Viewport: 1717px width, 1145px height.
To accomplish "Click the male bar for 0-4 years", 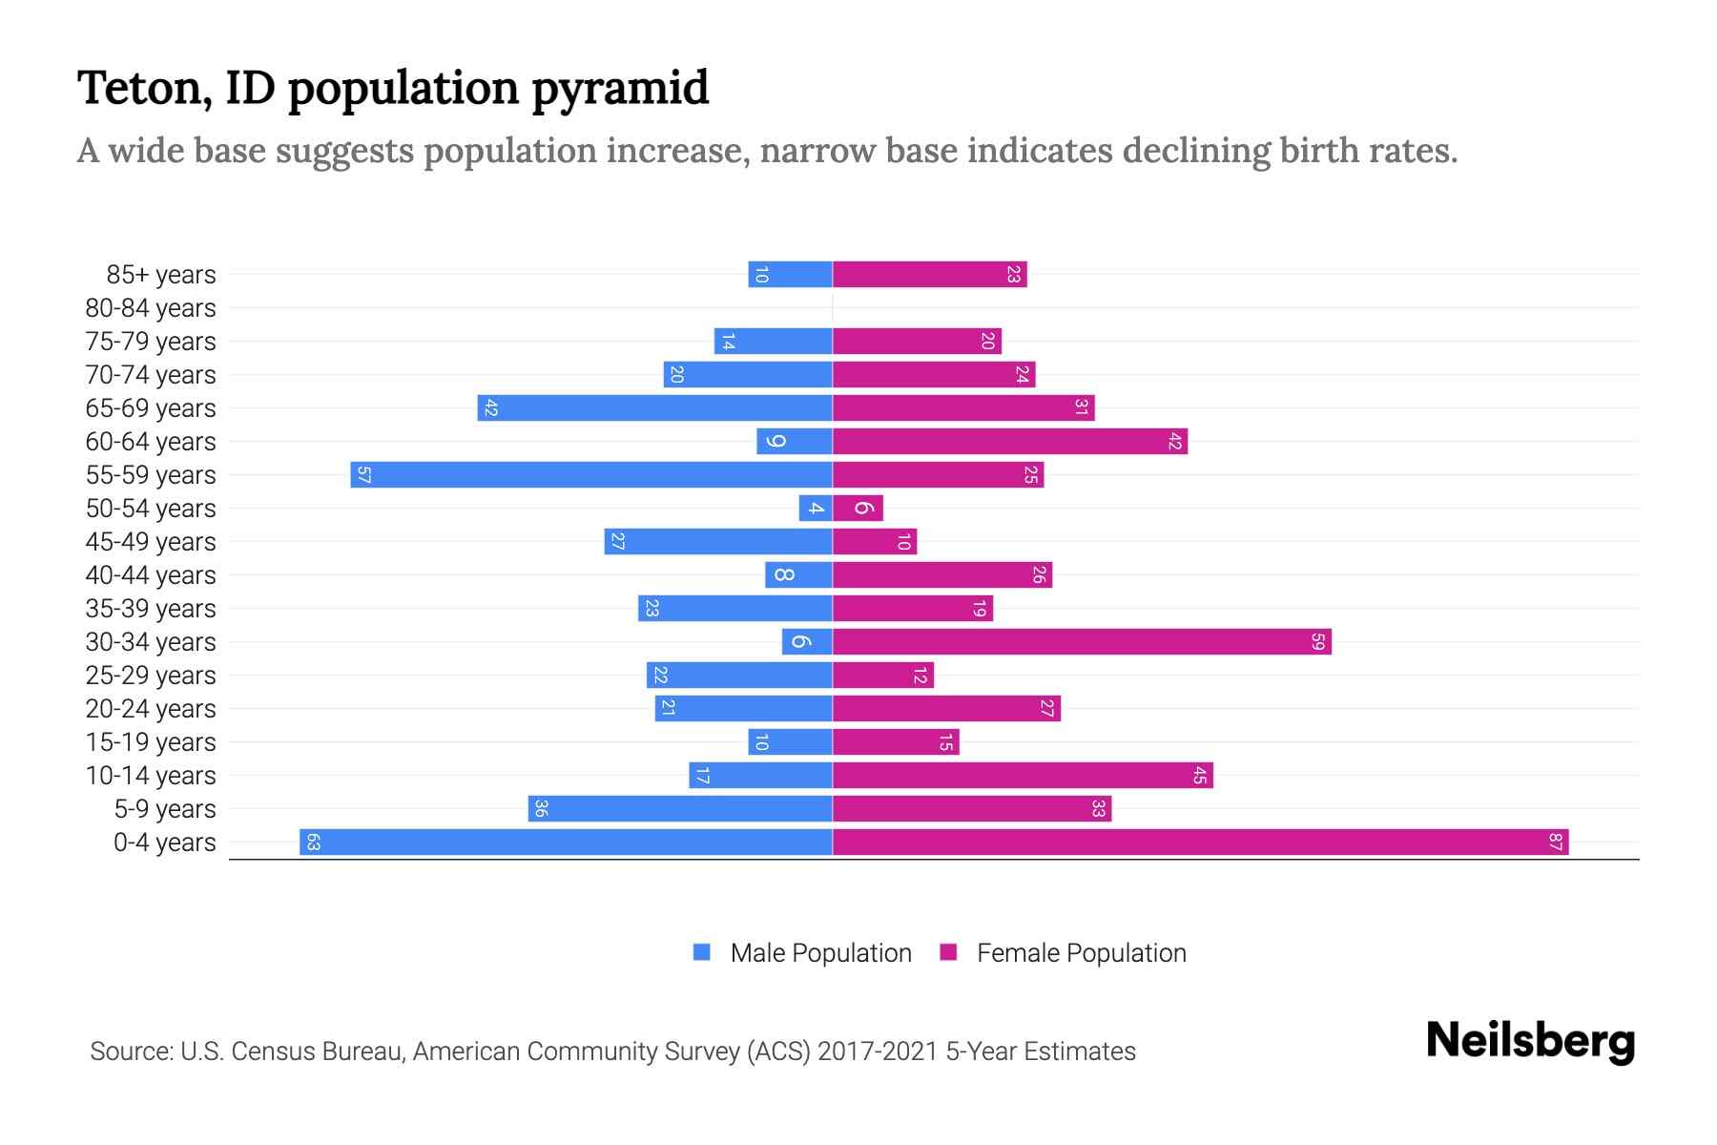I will (566, 842).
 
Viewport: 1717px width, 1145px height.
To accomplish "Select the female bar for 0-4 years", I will (1200, 842).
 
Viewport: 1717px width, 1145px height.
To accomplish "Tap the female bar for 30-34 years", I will (1082, 641).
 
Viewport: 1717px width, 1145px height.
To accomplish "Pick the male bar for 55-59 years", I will (591, 474).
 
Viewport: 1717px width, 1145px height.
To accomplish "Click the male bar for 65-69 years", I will (654, 407).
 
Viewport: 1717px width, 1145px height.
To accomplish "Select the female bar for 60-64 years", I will (1010, 441).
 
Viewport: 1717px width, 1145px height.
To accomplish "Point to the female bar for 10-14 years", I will (1023, 775).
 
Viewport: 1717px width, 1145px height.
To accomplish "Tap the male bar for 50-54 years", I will (816, 508).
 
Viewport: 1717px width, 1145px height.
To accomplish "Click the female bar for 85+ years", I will (929, 274).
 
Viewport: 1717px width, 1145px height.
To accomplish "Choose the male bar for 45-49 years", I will (718, 541).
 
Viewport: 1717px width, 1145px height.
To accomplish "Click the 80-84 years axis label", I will (151, 308).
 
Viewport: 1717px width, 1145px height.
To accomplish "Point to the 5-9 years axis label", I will (165, 809).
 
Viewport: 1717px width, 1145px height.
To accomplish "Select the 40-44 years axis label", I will (151, 575).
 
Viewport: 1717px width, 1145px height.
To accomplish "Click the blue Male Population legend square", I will (702, 952).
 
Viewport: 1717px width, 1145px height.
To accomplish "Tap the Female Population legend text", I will (1081, 952).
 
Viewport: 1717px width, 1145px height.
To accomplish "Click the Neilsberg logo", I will (1530, 1041).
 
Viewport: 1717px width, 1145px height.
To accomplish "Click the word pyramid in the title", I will (620, 88).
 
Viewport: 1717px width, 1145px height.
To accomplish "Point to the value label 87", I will (1555, 842).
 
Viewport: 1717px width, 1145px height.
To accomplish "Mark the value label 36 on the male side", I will (541, 808).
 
